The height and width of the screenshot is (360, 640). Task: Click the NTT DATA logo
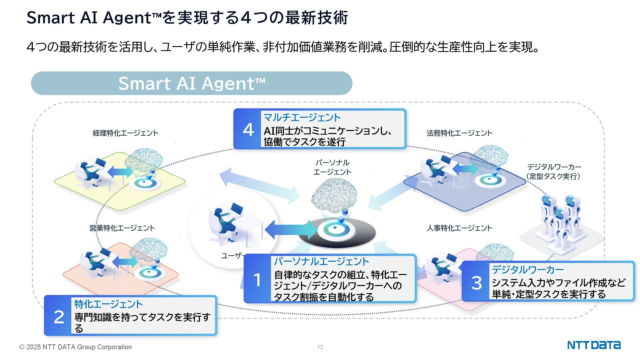(594, 345)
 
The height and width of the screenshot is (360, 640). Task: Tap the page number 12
(320, 347)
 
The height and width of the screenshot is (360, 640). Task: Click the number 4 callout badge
(248, 129)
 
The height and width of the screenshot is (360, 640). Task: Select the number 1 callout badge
(257, 279)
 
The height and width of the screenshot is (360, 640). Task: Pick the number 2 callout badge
(59, 316)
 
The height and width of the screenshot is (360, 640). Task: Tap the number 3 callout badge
(476, 282)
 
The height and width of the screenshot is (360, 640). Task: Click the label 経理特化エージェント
(125, 133)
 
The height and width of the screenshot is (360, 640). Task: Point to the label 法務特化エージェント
(459, 133)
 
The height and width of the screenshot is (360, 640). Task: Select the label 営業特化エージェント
(122, 228)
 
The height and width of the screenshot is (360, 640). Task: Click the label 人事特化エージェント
(459, 228)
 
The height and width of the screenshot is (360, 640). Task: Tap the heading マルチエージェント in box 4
(302, 117)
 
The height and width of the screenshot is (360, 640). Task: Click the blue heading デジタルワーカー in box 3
(527, 269)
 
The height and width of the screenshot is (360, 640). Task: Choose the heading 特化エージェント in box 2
(108, 304)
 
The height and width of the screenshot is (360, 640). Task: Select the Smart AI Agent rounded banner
(191, 83)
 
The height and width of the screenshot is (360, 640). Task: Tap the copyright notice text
(75, 347)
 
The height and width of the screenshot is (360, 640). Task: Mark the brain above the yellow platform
(144, 159)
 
